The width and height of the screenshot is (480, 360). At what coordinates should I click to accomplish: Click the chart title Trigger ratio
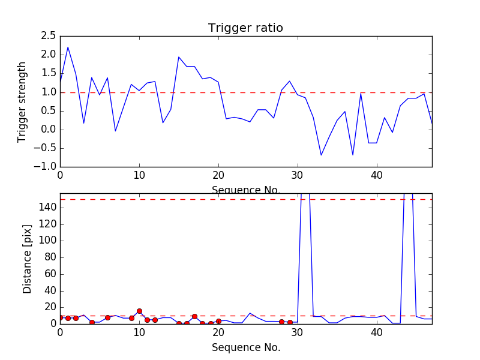[245, 28]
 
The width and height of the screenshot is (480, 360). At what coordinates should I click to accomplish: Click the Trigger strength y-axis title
[22, 101]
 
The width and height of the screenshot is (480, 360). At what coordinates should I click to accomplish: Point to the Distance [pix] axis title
[27, 259]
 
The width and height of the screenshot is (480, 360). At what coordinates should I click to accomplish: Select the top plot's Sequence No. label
[245, 190]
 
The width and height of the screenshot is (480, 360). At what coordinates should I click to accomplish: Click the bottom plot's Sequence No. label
[245, 347]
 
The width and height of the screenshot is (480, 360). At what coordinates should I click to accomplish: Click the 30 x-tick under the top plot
[298, 175]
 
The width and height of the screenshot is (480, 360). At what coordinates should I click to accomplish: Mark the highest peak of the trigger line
[68, 47]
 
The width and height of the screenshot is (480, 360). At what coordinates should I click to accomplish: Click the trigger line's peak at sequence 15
[179, 57]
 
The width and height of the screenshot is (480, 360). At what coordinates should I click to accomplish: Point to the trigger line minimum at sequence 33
[321, 155]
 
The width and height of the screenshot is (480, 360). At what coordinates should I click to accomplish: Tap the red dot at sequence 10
[139, 311]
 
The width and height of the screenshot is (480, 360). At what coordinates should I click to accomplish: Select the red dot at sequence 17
[194, 316]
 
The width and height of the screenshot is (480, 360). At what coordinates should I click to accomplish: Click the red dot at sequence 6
[107, 317]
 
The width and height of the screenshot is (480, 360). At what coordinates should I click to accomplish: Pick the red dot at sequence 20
[218, 321]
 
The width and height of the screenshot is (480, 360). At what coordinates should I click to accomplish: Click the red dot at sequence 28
[281, 322]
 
